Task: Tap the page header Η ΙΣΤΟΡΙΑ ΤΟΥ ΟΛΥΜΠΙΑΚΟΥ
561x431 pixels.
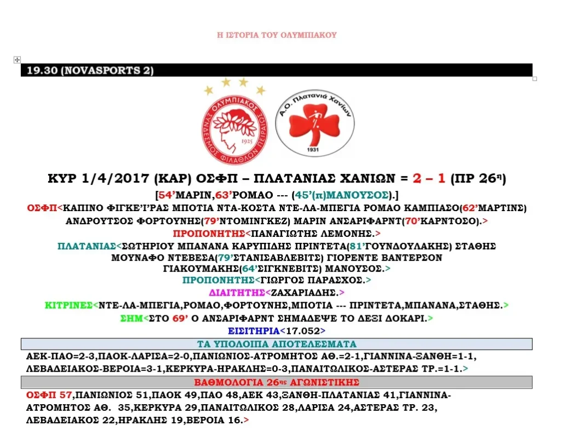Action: (x=277, y=35)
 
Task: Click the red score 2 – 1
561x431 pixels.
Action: (x=430, y=178)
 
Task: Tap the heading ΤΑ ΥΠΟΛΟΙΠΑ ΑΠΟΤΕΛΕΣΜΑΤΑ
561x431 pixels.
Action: (x=277, y=344)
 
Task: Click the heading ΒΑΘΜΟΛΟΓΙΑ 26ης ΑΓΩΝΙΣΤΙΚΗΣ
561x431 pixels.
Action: (x=277, y=382)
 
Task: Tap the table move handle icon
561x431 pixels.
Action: (x=17, y=59)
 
